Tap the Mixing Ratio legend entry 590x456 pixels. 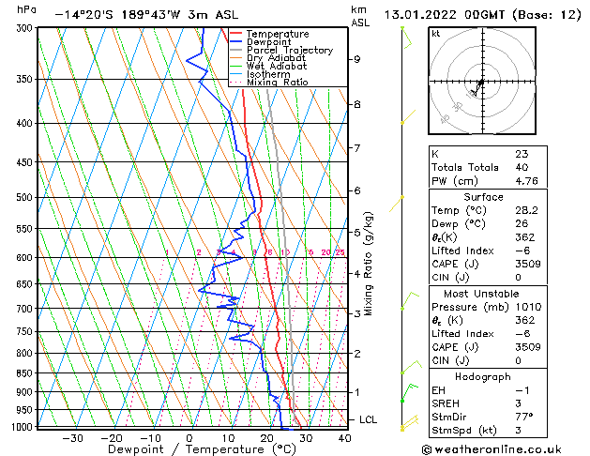(x=276, y=83)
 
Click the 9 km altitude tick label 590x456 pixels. (x=356, y=59)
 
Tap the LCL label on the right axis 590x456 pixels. (x=368, y=419)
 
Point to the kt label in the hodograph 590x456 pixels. (x=436, y=34)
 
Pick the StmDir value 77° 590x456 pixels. (x=524, y=417)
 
